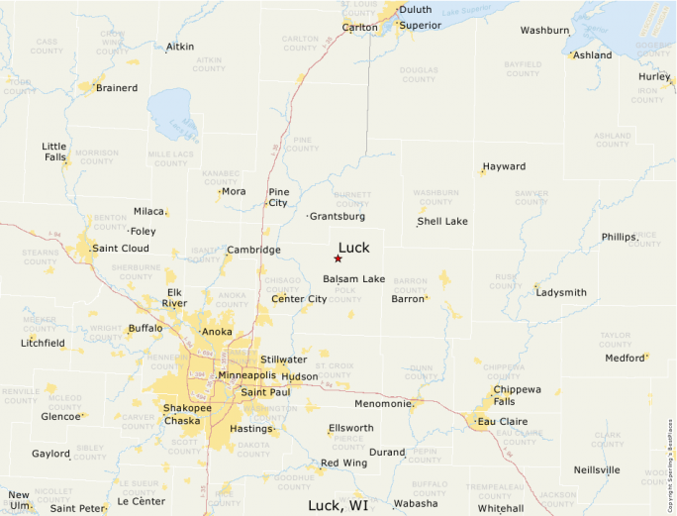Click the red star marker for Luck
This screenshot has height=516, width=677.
(x=338, y=258)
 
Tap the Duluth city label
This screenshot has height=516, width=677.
(x=415, y=10)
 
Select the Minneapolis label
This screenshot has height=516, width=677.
(x=246, y=375)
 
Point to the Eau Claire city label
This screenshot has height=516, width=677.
(x=502, y=421)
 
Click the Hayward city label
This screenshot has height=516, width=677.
(x=504, y=166)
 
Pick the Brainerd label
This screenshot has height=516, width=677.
(x=117, y=87)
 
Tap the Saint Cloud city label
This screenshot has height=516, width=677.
(x=121, y=248)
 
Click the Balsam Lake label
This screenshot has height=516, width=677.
(x=353, y=278)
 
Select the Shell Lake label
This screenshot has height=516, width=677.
(x=442, y=221)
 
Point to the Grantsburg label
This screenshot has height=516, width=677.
(x=338, y=216)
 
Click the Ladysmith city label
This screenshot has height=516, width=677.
(x=561, y=292)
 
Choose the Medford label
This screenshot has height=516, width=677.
(x=625, y=358)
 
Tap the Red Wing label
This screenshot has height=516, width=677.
(x=343, y=463)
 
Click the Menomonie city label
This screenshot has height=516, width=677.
(x=383, y=403)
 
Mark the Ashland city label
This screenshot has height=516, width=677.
(x=593, y=55)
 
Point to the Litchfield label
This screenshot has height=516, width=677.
(x=43, y=343)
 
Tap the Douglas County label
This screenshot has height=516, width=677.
(x=419, y=74)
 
